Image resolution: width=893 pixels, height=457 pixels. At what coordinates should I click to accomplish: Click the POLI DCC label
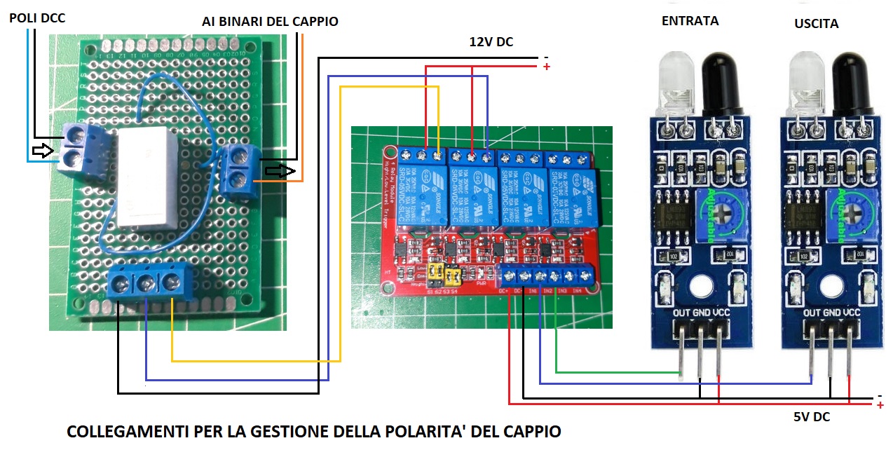pyautogui.click(x=36, y=18)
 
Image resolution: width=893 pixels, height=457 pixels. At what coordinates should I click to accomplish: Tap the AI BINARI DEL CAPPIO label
pyautogui.click(x=270, y=22)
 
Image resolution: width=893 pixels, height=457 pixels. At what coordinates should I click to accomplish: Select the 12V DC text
pyautogui.click(x=491, y=42)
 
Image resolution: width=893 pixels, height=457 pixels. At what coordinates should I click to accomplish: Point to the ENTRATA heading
pyautogui.click(x=690, y=21)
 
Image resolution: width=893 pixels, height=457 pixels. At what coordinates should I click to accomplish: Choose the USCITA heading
pyautogui.click(x=816, y=24)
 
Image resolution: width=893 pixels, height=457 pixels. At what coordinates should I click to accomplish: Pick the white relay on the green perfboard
pyautogui.click(x=146, y=177)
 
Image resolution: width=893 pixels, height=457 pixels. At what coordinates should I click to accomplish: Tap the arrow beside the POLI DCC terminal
pyautogui.click(x=43, y=150)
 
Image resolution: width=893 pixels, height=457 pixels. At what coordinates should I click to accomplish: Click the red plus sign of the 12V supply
pyautogui.click(x=546, y=67)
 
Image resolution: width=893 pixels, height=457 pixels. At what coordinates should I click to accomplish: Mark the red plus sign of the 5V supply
pyautogui.click(x=880, y=406)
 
